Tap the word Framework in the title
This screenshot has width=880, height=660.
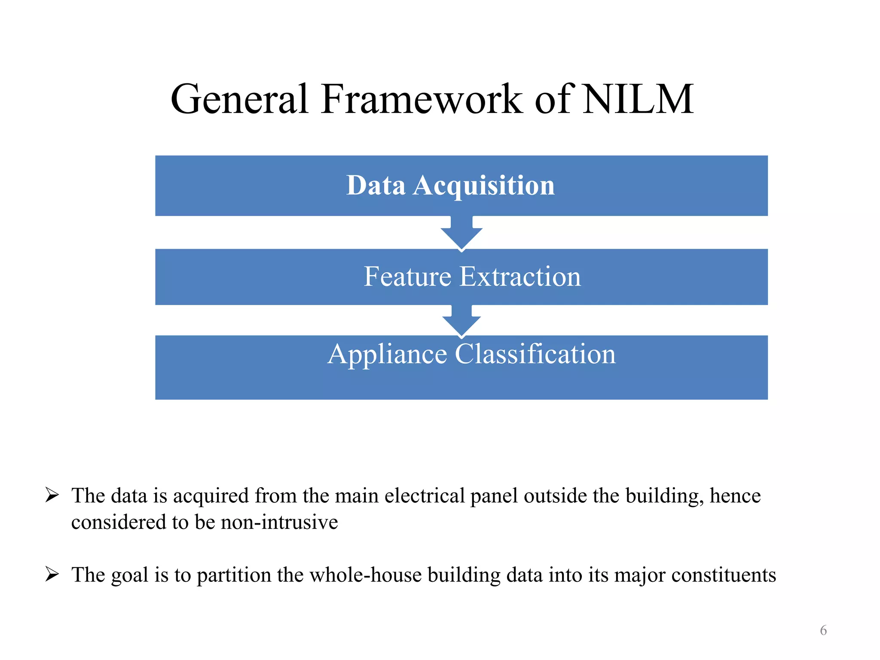coord(422,99)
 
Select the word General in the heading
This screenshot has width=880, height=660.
coord(239,99)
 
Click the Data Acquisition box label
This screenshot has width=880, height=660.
coord(450,186)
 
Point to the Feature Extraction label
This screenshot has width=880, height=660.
coord(472,276)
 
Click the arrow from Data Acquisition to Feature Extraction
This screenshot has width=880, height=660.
coord(461,233)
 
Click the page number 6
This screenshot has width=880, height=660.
coord(823,630)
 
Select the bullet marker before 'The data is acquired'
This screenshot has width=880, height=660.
coord(52,495)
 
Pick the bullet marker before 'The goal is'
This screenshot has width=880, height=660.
coord(52,574)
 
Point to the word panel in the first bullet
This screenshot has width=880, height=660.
coord(494,496)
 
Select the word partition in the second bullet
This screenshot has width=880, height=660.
coord(234,575)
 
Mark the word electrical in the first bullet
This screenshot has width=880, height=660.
coord(425,496)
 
